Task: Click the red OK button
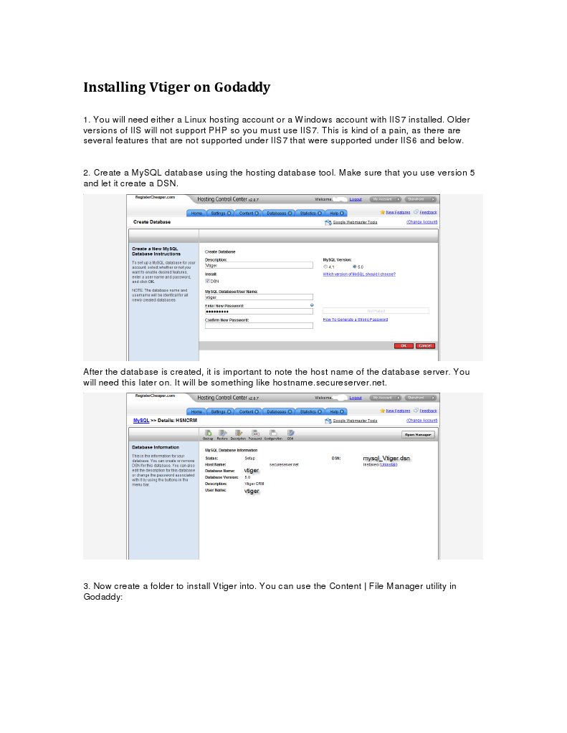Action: [403, 345]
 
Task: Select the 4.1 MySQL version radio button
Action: [325, 267]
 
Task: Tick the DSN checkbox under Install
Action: [207, 281]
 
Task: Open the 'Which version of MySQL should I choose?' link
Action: [358, 274]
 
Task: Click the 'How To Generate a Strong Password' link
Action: [355, 320]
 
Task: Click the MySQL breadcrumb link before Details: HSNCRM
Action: [140, 420]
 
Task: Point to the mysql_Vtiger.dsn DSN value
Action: [386, 457]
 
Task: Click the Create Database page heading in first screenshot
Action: [152, 222]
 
